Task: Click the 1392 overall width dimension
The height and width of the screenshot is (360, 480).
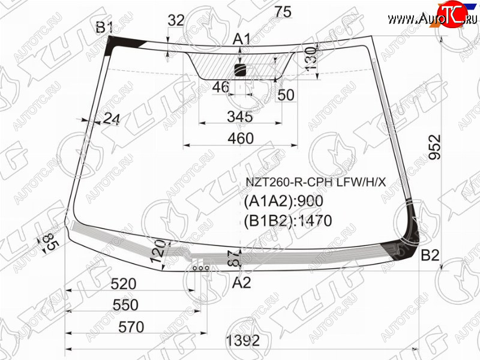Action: coord(243,340)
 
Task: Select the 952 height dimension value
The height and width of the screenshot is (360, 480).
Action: coord(434,147)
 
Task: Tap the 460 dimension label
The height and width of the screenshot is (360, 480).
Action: coord(241,139)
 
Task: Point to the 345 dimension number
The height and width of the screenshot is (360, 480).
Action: coord(240,116)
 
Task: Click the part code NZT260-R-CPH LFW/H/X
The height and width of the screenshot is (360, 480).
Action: coord(316,182)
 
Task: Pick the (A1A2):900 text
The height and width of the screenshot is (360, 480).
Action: coord(283,201)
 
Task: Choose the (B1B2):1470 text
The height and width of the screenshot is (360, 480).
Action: coord(288,221)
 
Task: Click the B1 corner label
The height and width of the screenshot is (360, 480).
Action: coord(104,28)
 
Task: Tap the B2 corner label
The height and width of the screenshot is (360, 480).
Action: coord(430,255)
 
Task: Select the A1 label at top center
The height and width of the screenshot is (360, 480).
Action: coord(242,39)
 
